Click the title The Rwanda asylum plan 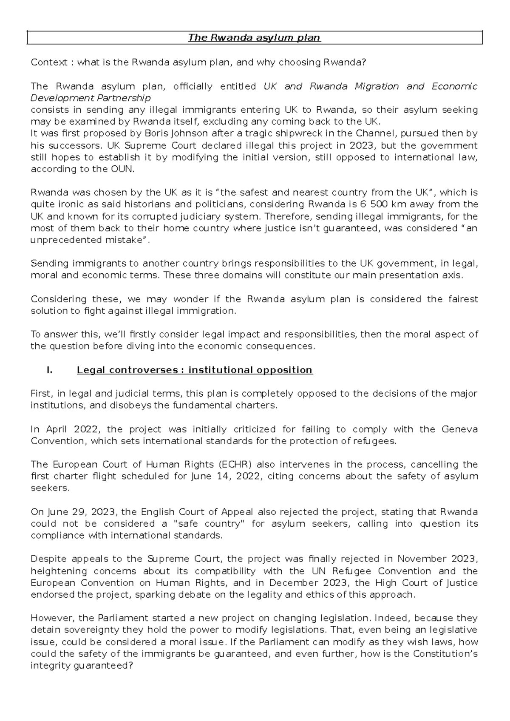pyautogui.click(x=255, y=38)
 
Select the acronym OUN pyautogui.click(x=125, y=169)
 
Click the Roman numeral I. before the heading pyautogui.click(x=49, y=370)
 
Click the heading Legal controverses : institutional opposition pyautogui.click(x=195, y=370)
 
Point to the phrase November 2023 pyautogui.click(x=437, y=559)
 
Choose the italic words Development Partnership pyautogui.click(x=91, y=98)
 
